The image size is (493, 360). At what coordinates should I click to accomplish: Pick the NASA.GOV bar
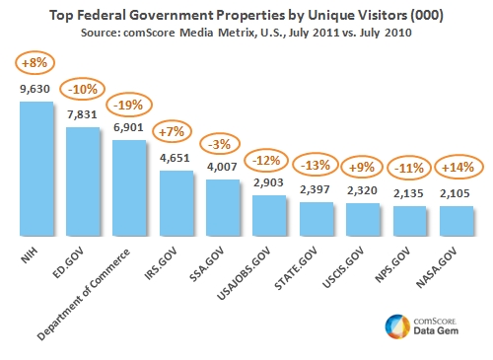pos(456,222)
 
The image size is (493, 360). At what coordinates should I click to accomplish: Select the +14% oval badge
pos(456,165)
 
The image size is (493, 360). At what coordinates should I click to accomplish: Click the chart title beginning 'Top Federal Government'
pos(246,14)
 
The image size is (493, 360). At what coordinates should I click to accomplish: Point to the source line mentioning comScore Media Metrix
pos(246,33)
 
